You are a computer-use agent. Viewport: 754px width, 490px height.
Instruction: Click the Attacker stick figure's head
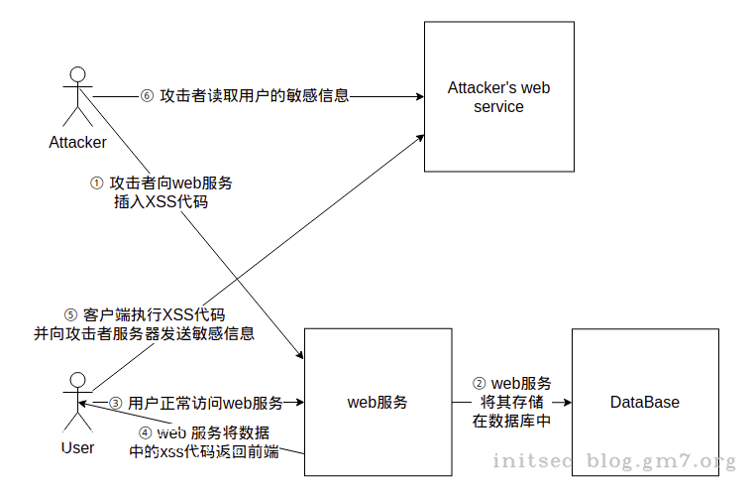(x=77, y=74)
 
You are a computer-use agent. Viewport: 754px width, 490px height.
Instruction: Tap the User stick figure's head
(x=77, y=380)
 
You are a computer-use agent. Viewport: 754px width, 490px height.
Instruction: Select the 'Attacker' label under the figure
(x=77, y=143)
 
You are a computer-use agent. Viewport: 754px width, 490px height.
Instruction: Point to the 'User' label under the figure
(x=77, y=447)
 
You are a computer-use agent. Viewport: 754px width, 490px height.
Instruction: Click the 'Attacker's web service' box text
(x=498, y=97)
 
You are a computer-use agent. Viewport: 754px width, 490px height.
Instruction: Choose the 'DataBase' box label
(x=644, y=402)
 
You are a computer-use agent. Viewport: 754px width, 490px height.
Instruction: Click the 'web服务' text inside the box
(x=377, y=402)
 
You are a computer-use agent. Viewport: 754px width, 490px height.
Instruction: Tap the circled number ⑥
(x=147, y=96)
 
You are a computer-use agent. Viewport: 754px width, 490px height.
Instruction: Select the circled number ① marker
(x=97, y=184)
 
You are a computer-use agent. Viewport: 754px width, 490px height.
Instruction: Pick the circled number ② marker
(x=479, y=384)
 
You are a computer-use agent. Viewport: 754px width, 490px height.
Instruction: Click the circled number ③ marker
(x=115, y=403)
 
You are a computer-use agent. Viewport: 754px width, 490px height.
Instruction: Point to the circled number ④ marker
(x=145, y=433)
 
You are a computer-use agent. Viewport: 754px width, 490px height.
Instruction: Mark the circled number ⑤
(x=70, y=315)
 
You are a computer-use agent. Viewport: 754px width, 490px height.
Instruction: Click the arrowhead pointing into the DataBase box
(x=568, y=402)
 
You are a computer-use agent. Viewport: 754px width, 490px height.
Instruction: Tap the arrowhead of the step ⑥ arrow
(x=420, y=97)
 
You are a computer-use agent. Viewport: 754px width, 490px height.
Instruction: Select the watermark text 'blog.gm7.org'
(x=661, y=461)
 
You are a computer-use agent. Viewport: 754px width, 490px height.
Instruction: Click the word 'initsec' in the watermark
(x=532, y=460)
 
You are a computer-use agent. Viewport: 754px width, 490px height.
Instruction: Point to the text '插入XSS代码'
(x=162, y=201)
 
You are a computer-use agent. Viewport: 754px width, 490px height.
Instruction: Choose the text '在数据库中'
(x=511, y=422)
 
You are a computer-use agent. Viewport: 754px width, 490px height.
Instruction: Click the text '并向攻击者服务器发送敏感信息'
(x=144, y=334)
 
